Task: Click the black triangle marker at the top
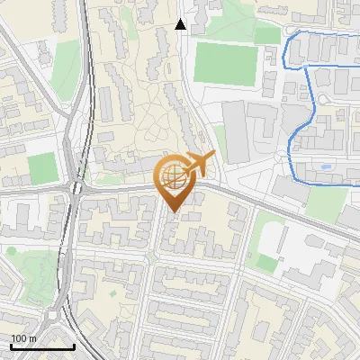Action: point(181,25)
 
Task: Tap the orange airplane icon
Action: point(199,165)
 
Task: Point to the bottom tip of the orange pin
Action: point(174,213)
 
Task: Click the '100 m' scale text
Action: point(23,338)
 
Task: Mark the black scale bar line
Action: point(41,346)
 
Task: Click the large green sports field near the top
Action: point(225,63)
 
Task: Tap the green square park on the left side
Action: point(41,168)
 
